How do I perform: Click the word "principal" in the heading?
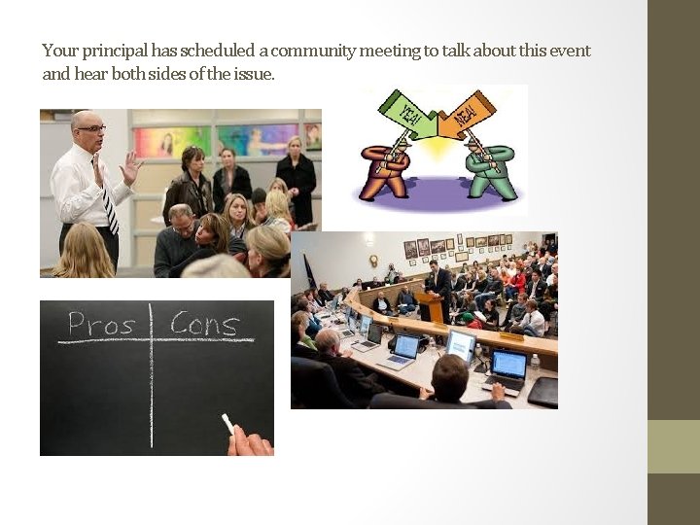(x=115, y=51)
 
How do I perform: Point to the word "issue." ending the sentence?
(x=254, y=73)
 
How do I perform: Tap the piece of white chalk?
(x=227, y=424)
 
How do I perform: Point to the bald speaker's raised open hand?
(x=130, y=168)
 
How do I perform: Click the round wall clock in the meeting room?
(x=373, y=261)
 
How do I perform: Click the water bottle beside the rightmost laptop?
(x=534, y=367)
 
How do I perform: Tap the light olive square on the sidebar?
(x=674, y=446)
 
